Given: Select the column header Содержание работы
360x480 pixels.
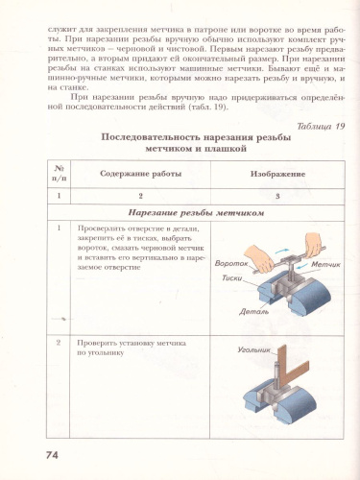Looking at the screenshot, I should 139,174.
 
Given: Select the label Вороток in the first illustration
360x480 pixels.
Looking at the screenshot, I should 233,262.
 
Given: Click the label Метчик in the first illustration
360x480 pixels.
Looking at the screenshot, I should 315,263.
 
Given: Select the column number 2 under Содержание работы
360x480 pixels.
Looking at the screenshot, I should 139,195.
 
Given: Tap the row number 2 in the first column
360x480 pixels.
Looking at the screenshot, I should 60,342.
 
